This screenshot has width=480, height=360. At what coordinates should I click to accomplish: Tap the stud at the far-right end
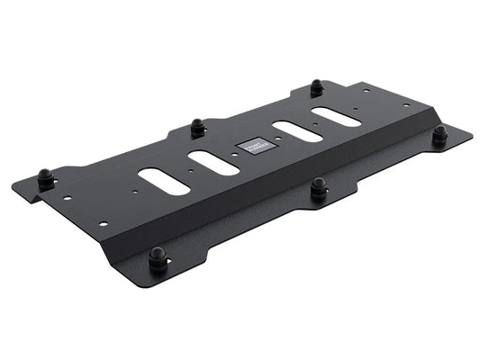click(439, 135)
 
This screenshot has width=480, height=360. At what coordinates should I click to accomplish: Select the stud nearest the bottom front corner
click(158, 257)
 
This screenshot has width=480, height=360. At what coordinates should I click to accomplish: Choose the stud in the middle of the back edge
click(197, 125)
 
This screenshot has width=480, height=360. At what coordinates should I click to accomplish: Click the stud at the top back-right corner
click(317, 88)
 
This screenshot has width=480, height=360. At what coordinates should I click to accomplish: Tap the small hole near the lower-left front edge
click(104, 223)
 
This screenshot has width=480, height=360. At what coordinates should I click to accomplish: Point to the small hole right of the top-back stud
click(366, 90)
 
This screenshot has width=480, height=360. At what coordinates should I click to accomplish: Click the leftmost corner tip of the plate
click(14, 189)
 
